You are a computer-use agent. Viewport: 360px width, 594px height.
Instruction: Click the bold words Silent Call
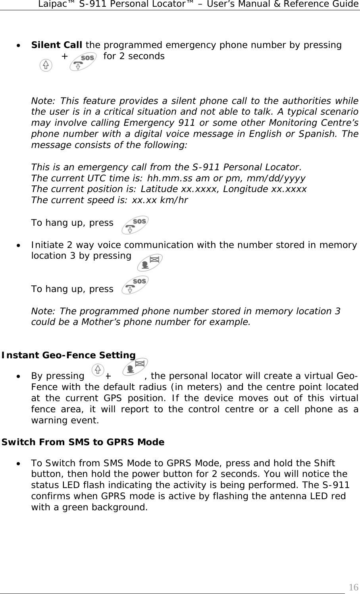pyautogui.click(x=57, y=45)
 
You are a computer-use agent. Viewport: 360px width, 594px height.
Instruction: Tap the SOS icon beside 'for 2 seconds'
pyautogui.click(x=83, y=60)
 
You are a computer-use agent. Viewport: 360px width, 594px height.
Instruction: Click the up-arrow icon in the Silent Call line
pyautogui.click(x=46, y=65)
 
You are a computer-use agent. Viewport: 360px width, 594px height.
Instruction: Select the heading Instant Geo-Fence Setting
pyautogui.click(x=69, y=355)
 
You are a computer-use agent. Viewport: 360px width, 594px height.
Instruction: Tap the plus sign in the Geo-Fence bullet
pyautogui.click(x=108, y=376)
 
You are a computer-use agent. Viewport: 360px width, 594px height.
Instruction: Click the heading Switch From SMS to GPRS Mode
pyautogui.click(x=83, y=442)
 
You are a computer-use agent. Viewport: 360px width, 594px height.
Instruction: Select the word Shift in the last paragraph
pyautogui.click(x=324, y=463)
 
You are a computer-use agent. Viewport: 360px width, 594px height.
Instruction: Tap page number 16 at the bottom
pyautogui.click(x=353, y=587)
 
